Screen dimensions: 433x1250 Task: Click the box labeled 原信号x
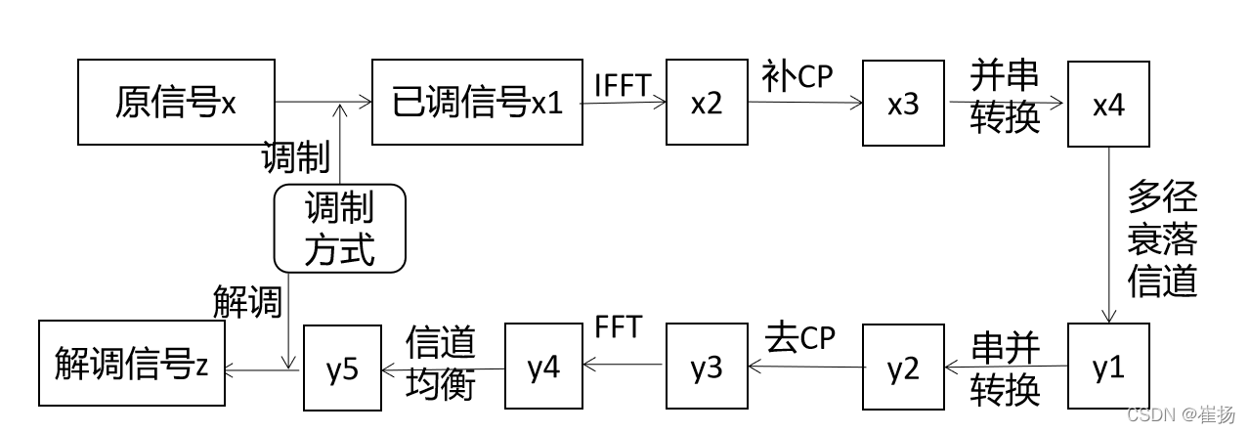tap(176, 103)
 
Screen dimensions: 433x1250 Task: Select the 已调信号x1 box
tap(476, 103)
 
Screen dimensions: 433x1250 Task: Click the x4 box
tap(1108, 105)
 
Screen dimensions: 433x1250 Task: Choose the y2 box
tap(903, 368)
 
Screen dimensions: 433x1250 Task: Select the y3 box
tap(706, 368)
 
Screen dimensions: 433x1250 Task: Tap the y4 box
tap(544, 368)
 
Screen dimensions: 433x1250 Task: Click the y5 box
tap(342, 368)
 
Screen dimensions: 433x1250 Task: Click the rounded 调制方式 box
tap(339, 228)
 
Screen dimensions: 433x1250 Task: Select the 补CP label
tap(797, 78)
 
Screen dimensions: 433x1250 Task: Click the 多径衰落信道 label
tap(1162, 239)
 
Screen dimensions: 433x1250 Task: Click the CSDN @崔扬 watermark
tap(1181, 414)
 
